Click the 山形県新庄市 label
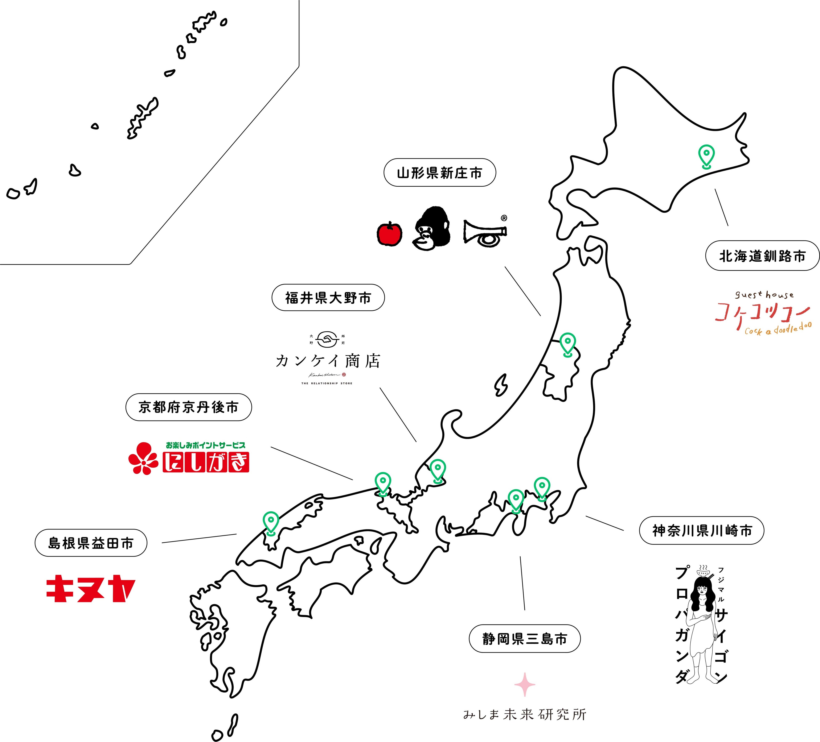point(440,173)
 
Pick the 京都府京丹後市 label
point(188,407)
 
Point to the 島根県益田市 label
point(91,543)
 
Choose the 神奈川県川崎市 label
point(702,531)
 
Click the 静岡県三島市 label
point(525,639)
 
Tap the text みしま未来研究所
point(525,714)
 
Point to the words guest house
point(764,295)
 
